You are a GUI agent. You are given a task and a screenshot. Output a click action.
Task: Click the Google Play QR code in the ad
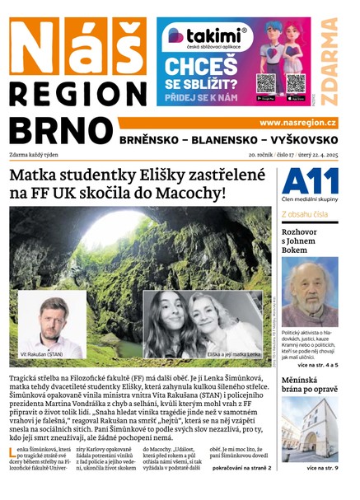265,83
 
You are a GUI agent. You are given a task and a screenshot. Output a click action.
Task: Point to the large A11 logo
309,181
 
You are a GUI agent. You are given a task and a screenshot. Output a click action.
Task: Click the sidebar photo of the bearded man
309,292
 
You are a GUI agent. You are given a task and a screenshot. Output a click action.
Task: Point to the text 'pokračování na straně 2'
242,469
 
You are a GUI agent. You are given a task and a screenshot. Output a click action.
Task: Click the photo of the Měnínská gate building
309,429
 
